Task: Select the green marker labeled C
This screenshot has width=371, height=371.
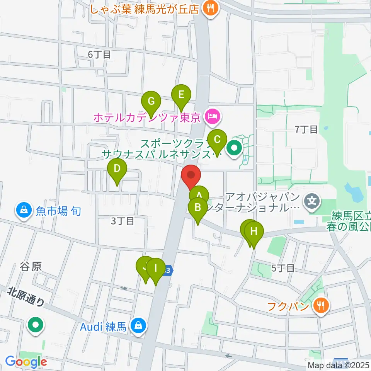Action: (x=217, y=140)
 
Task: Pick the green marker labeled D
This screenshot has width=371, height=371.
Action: (x=117, y=169)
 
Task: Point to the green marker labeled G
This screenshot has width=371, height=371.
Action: (x=151, y=102)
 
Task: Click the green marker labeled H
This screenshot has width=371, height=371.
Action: (x=254, y=232)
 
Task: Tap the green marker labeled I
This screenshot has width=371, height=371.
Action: (x=156, y=268)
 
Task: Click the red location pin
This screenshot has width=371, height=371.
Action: (x=191, y=175)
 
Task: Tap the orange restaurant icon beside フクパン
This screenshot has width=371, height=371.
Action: (x=321, y=306)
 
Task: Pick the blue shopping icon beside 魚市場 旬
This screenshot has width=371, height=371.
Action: (x=24, y=211)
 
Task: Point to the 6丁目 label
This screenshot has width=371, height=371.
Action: (x=99, y=54)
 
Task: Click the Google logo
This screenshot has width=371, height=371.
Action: (x=26, y=362)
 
